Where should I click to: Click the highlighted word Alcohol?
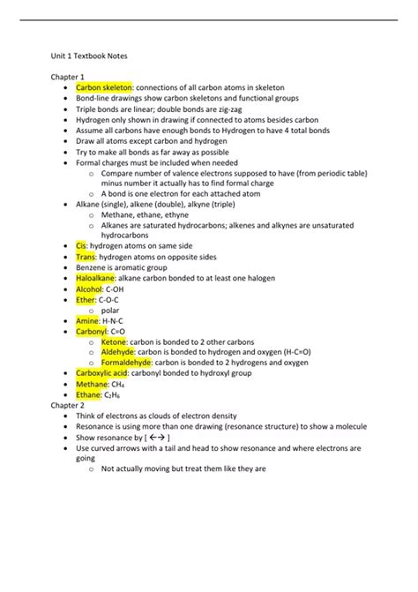point(89,289)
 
